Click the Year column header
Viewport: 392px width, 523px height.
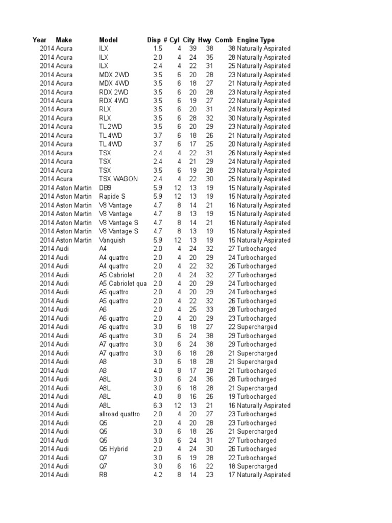pos(39,40)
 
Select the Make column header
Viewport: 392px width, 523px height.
pos(64,40)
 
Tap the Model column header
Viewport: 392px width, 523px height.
pos(108,40)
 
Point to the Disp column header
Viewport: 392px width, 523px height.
pos(153,40)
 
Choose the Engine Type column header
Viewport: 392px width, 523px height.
pos(256,40)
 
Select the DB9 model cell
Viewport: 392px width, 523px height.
pos(105,187)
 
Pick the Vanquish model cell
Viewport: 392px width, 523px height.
pos(112,240)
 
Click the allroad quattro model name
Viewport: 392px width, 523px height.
pos(119,414)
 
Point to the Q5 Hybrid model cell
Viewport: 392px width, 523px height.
pos(113,449)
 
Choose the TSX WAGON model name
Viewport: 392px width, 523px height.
pos(118,179)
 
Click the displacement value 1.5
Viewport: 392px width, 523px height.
pos(158,49)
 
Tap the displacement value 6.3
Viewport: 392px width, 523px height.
pos(158,406)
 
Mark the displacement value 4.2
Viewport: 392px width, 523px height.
pos(158,475)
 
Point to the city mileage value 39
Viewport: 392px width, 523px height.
pos(193,49)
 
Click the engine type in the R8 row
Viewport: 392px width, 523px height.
pos(263,475)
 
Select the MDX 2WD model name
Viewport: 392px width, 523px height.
pos(114,75)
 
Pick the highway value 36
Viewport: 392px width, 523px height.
pos(209,379)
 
